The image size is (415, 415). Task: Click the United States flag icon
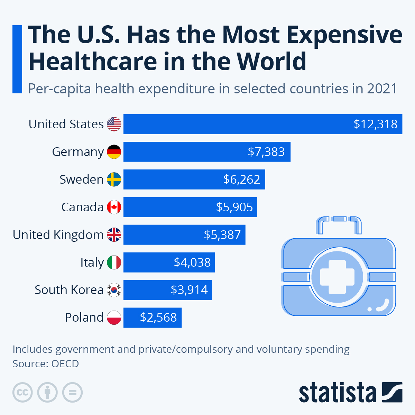point(114,124)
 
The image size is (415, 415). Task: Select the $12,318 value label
point(375,124)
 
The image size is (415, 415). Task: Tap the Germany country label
point(78,152)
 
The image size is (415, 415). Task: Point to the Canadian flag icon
point(114,207)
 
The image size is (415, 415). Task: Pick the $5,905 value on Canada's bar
point(234,207)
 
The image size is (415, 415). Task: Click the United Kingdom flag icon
point(114,235)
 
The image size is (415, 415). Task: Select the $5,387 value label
point(222,235)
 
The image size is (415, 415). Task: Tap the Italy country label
point(92,262)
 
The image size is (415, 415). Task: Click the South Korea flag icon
point(114,290)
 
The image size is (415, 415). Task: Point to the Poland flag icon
point(114,317)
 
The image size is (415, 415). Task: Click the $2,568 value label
point(158,317)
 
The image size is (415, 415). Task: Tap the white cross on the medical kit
point(337,277)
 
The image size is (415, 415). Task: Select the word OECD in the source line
point(65,364)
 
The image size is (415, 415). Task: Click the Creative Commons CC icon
point(22,393)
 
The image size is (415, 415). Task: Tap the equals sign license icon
point(73,393)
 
